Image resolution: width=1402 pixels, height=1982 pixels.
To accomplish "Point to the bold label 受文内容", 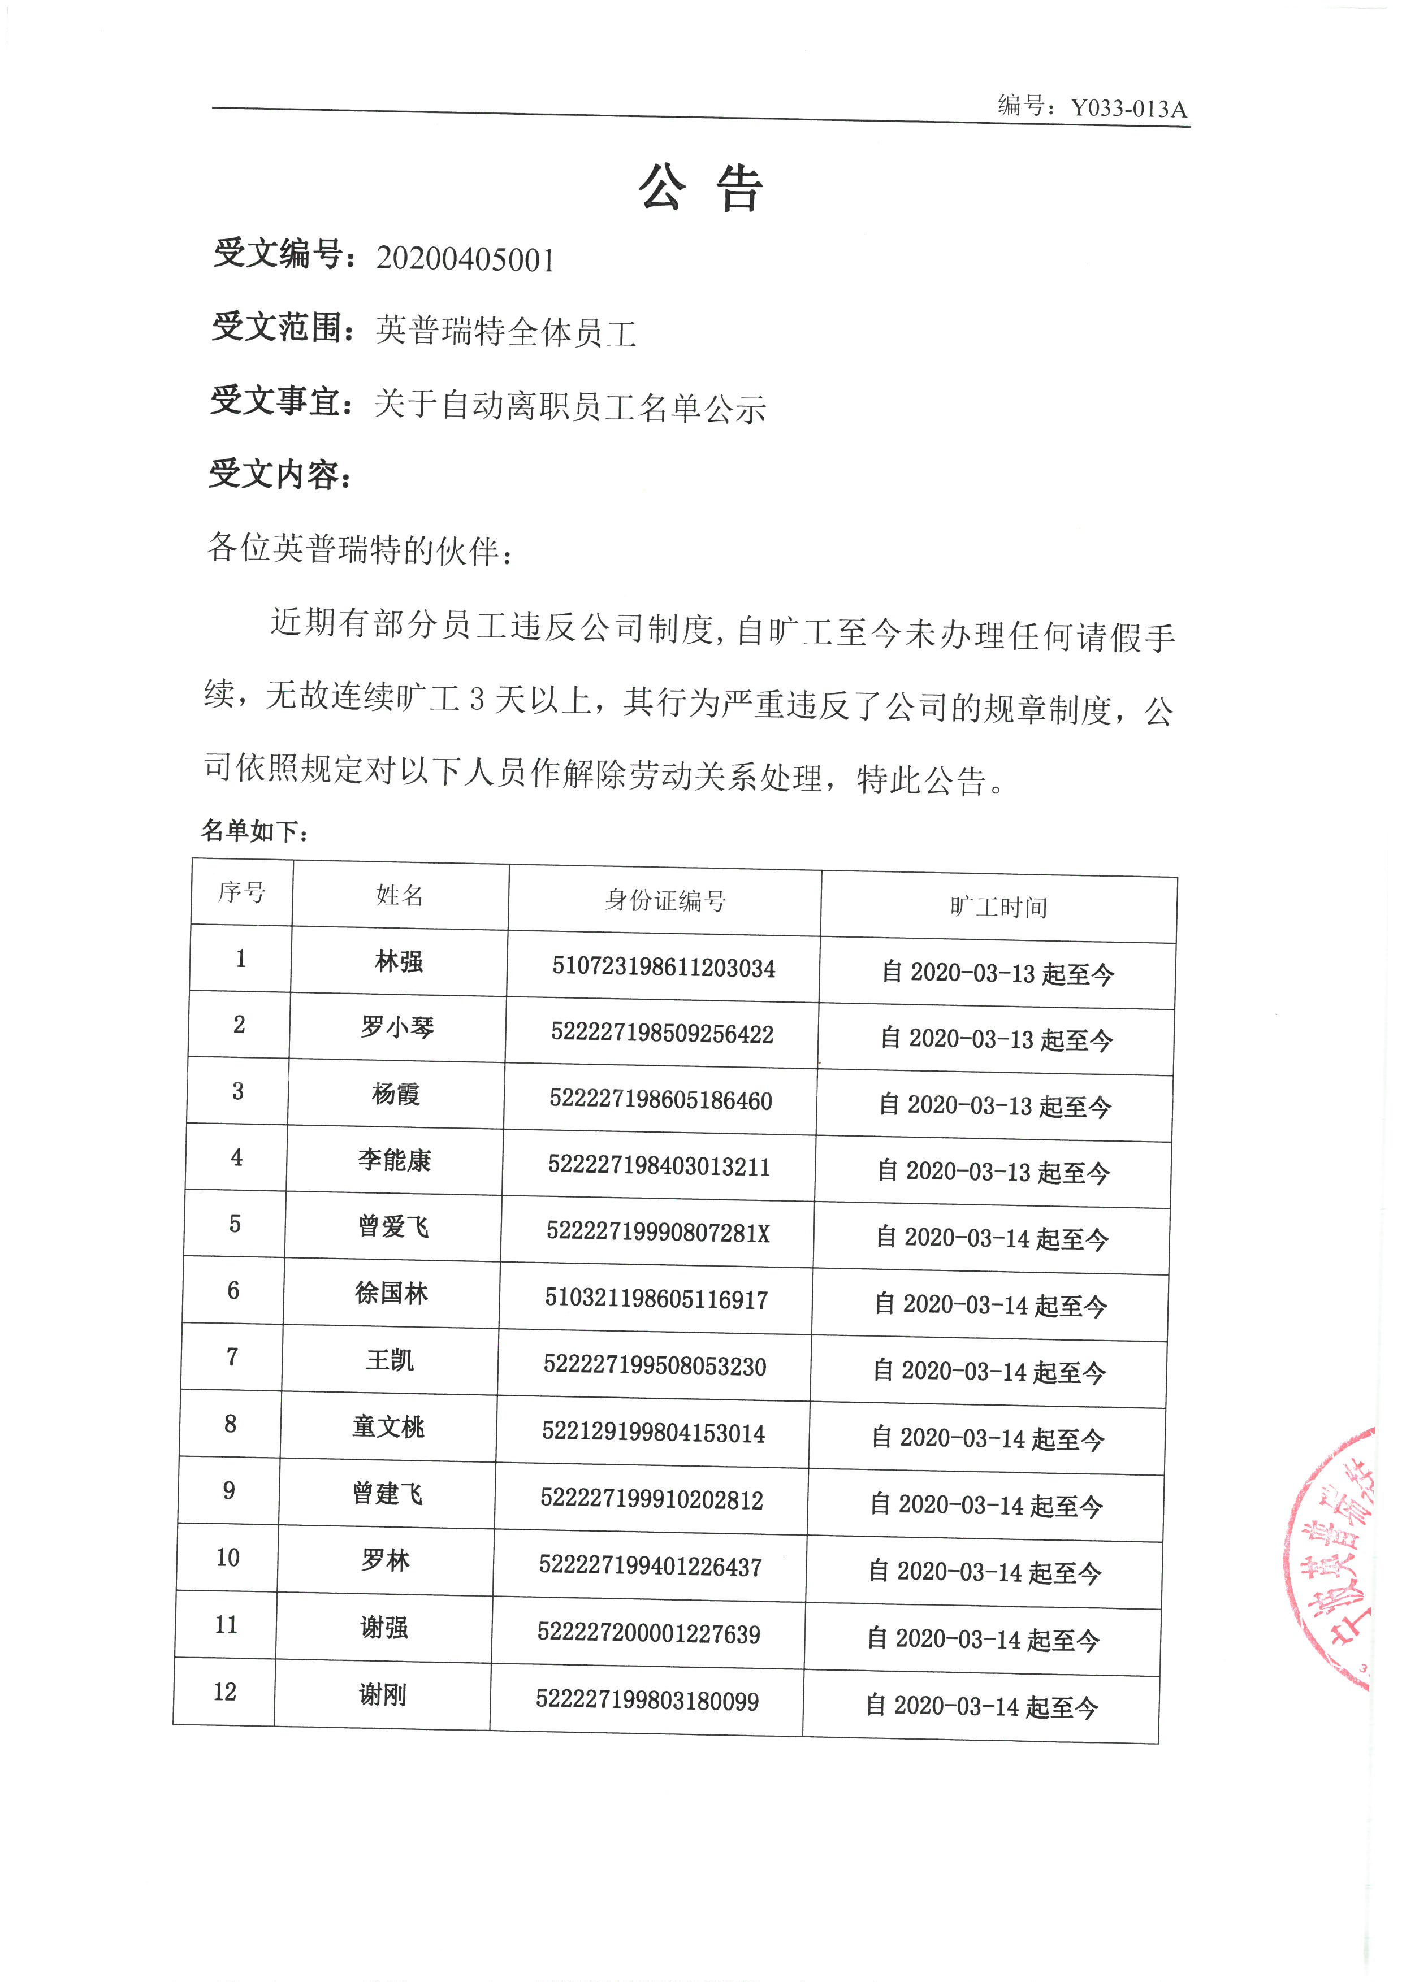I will point(278,474).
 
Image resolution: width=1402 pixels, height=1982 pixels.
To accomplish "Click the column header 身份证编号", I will point(665,900).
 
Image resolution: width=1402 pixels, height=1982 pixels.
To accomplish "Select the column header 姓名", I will point(400,895).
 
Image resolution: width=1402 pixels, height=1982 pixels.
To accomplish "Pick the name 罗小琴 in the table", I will point(397,1027).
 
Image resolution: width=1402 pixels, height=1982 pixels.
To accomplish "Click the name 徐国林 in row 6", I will point(391,1293).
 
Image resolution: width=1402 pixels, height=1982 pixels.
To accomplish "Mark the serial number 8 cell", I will point(231,1424).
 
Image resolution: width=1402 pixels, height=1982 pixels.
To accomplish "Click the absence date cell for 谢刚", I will point(981,1706).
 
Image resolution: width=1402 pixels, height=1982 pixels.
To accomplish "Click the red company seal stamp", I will point(1334,1554).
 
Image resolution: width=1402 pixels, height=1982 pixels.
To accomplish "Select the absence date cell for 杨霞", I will point(994,1106).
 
